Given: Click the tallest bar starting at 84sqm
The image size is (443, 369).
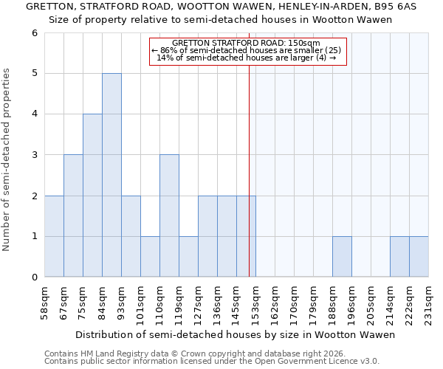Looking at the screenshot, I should (x=111, y=175).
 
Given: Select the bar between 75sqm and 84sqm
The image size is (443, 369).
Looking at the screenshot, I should (x=92, y=196).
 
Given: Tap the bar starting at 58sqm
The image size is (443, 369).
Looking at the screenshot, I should (x=54, y=236).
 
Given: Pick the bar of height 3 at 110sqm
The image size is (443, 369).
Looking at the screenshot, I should (x=169, y=215).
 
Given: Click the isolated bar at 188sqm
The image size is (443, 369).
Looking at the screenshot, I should (x=342, y=257).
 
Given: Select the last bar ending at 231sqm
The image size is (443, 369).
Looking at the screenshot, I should (x=419, y=257).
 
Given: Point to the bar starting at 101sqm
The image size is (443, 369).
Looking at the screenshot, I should (x=150, y=257).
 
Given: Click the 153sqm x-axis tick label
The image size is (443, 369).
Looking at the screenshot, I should (x=255, y=300).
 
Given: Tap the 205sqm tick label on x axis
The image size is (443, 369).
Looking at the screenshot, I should (x=371, y=300).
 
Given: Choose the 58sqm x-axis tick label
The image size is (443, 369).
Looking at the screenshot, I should (x=44, y=300).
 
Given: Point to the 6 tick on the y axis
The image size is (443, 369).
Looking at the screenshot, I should (x=35, y=33).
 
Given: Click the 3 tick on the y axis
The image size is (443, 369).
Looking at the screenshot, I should (x=35, y=155).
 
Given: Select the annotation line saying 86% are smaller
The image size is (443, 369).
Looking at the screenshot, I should (x=247, y=50).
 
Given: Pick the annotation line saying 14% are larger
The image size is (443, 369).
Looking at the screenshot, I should (x=247, y=58).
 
